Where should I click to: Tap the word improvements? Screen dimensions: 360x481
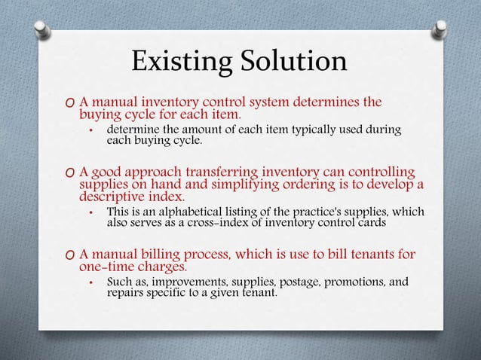183,283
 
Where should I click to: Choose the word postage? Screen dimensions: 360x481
298,283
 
